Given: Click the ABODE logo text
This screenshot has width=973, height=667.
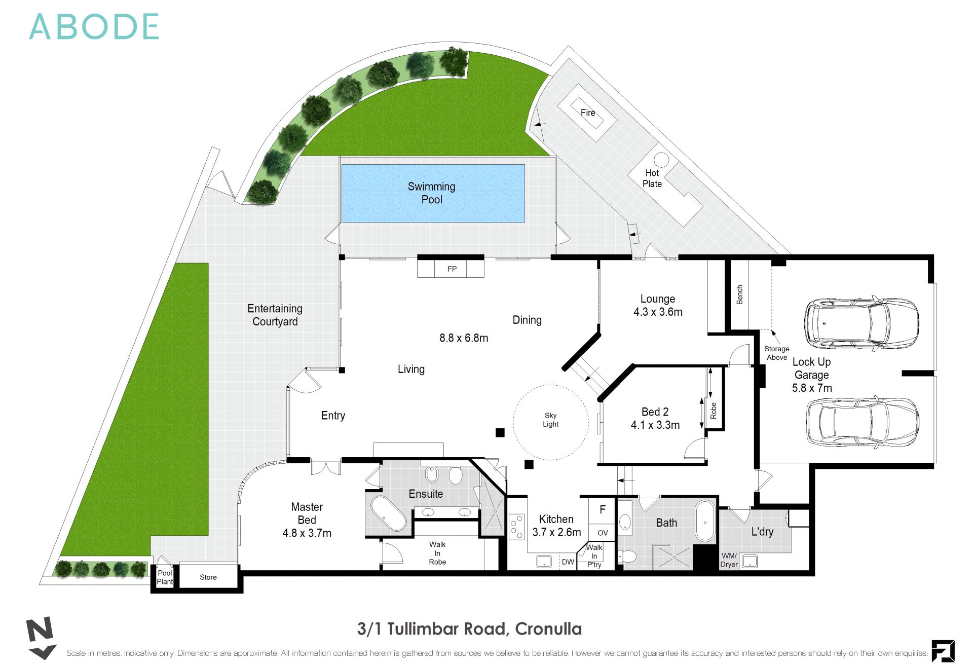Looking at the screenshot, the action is point(94,27).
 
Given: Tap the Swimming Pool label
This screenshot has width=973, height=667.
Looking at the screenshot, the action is point(432,193).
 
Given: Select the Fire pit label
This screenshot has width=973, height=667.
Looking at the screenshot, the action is point(588,113).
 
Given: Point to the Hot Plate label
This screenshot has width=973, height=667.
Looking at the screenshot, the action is point(652,178).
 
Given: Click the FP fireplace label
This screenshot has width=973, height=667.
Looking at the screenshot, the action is point(452,269).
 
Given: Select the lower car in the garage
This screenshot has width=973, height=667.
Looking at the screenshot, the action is point(863,422).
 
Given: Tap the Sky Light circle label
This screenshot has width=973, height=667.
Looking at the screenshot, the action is point(551,420).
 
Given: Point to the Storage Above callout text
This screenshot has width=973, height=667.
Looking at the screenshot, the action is point(777,353).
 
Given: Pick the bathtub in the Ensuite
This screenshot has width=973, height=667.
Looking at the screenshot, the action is point(389,513).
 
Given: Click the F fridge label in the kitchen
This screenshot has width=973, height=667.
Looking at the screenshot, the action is point(603,510).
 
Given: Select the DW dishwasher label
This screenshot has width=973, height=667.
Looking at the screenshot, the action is point(568,562).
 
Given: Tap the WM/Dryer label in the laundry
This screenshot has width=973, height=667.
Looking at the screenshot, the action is point(729,560).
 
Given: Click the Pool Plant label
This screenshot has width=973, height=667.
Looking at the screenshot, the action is point(165,577).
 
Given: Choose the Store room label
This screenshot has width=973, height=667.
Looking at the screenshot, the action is point(208,577).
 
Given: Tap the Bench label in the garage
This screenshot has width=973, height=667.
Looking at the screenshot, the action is point(739,294).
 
